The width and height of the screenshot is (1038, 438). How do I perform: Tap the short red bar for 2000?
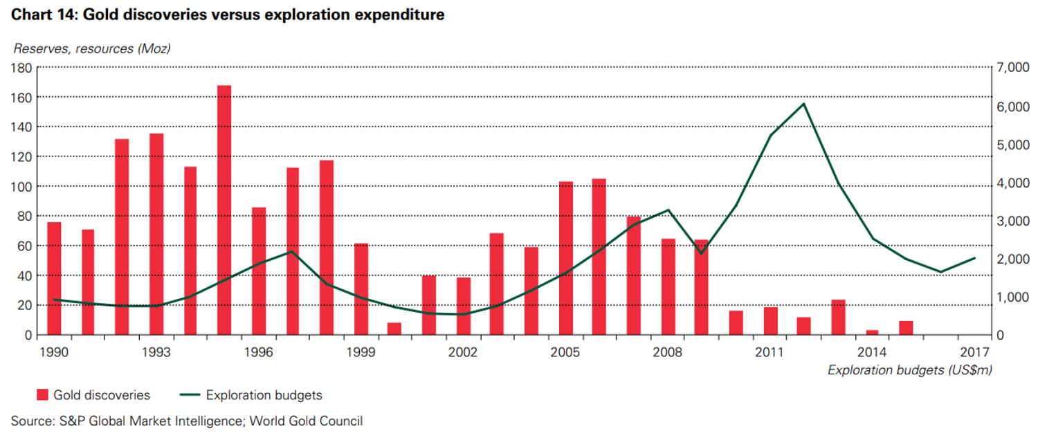tap(394, 329)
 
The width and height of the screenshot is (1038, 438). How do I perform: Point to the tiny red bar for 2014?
tap(872, 333)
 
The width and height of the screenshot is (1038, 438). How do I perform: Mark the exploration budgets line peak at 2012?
tap(803, 104)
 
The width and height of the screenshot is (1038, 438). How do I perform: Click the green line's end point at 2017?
tap(974, 258)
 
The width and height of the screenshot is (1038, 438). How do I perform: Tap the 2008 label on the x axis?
tap(668, 352)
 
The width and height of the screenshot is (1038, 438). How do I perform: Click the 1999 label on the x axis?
tap(361, 352)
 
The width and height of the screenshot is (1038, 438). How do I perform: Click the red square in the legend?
tap(42, 395)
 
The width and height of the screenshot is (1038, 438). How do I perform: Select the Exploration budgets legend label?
tap(264, 395)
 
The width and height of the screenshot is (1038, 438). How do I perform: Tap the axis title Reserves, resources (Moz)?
tap(92, 48)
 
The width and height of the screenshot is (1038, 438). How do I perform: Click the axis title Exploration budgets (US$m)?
tap(909, 370)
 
